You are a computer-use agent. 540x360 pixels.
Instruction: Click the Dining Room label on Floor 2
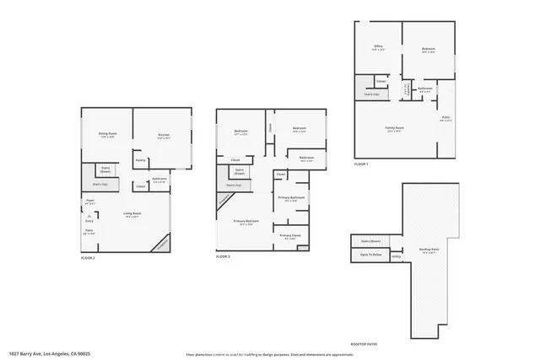(x=108, y=134)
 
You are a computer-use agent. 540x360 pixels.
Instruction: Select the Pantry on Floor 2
(x=141, y=160)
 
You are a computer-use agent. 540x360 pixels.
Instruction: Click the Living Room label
(x=132, y=214)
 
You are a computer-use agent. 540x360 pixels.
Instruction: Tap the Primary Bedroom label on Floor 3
(x=246, y=222)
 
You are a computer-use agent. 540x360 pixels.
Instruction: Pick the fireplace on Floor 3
(x=224, y=199)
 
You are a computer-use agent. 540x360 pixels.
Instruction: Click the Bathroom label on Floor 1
(x=425, y=88)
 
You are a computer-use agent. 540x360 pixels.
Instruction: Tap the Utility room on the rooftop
(x=396, y=258)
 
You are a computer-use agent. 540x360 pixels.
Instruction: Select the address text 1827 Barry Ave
(x=43, y=353)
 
